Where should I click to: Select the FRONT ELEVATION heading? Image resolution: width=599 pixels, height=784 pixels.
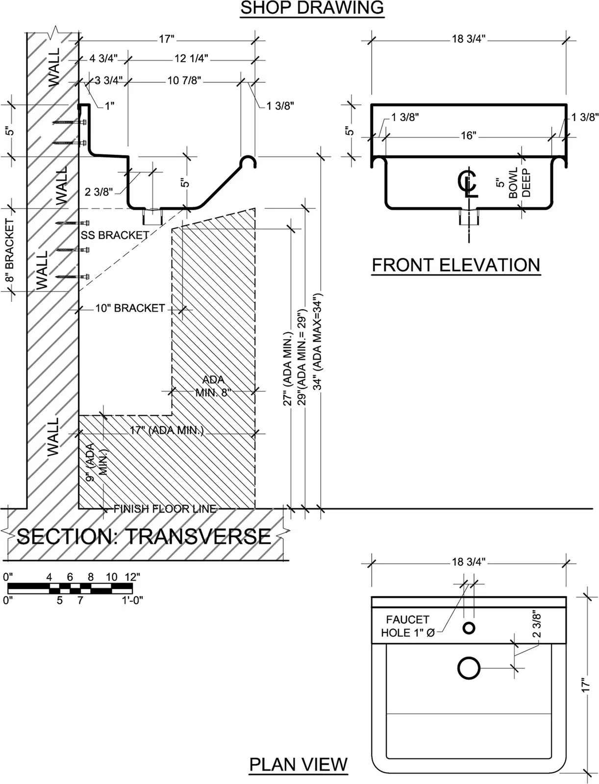point(456,265)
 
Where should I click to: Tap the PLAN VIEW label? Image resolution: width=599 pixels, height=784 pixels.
point(299,764)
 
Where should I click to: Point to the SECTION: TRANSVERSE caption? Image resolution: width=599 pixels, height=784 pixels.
point(144,537)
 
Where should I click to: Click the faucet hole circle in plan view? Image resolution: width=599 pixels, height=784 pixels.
point(469,628)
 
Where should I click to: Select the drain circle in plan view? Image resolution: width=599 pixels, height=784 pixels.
point(469,668)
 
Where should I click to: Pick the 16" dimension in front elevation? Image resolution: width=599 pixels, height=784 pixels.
point(468,135)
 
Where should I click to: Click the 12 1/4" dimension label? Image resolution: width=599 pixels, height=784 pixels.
point(191,59)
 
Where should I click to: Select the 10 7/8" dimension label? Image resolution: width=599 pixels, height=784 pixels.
point(184,80)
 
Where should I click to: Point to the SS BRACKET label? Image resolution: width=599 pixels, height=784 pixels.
point(115,235)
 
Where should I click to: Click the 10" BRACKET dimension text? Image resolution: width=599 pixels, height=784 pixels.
point(130,308)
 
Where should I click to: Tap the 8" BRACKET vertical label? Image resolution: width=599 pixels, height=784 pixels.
point(9,250)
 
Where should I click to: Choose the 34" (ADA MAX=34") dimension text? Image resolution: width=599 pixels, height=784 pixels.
point(319,342)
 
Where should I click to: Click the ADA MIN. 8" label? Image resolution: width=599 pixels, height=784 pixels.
point(213,386)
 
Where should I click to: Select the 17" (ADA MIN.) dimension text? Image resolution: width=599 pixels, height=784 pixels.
point(167,431)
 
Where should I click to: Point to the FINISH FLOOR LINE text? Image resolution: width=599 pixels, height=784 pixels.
point(165,509)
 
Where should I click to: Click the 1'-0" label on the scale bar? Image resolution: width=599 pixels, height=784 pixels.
point(132,600)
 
